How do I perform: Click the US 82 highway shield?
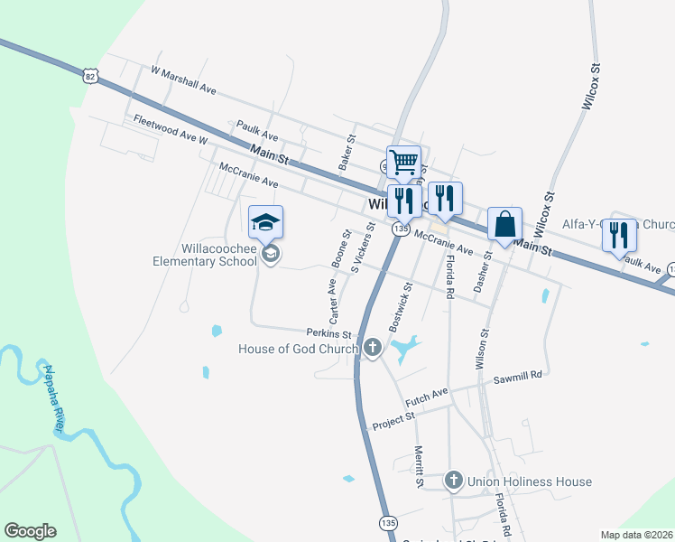pos(88,77)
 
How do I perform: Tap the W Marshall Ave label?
pos(184,79)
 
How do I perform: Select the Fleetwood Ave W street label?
pos(170,130)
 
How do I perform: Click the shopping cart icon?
pos(403,163)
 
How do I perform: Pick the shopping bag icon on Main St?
pos(504,223)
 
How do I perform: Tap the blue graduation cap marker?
pos(266,222)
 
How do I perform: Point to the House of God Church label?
pos(299,349)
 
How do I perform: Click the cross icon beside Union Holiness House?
pos(454,481)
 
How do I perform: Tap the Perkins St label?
pos(327,332)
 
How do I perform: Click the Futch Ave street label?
pos(426,395)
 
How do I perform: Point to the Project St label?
pos(393,419)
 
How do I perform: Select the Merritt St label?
pos(419,466)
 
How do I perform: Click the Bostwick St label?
pos(400,304)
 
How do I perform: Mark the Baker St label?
pos(347,153)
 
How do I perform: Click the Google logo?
pos(30,531)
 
